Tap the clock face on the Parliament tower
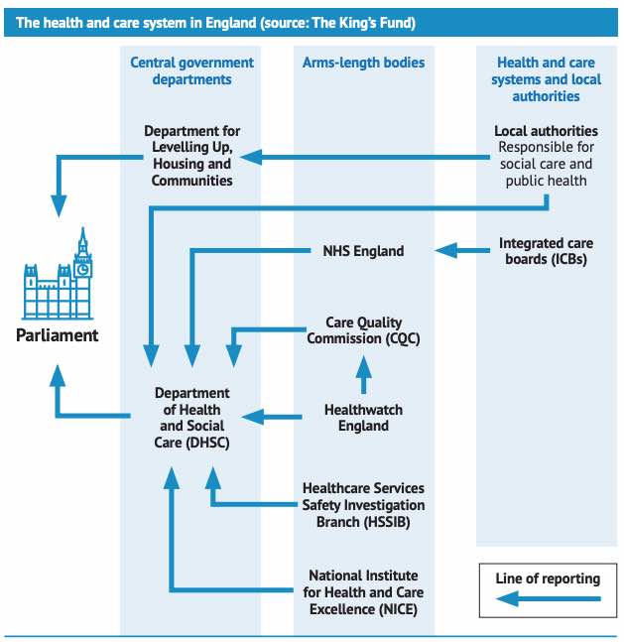point(83,268)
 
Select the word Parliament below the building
point(58,335)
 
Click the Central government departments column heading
point(191,70)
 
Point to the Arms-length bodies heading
point(363,63)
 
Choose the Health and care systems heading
point(546,79)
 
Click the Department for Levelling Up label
point(191,156)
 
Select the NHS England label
point(363,251)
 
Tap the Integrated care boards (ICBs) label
point(546,251)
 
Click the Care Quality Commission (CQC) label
point(363,330)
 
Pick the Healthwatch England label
point(363,418)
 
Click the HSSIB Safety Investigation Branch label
point(363,505)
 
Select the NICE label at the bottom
point(363,592)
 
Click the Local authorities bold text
point(546,131)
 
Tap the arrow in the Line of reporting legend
point(548,598)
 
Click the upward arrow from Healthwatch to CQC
point(363,375)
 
